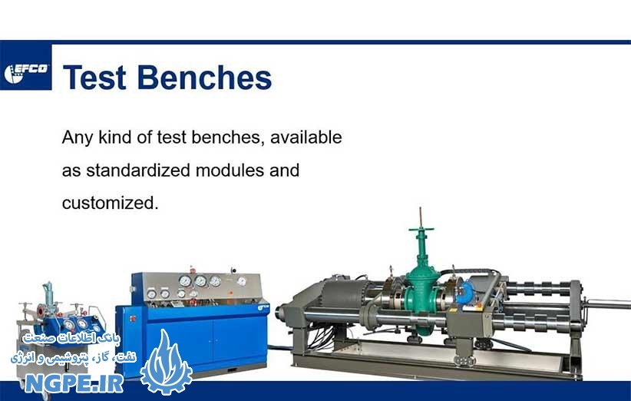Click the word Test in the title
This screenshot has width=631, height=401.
click(94, 78)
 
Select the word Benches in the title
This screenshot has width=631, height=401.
click(204, 77)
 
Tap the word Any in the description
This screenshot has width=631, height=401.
click(78, 138)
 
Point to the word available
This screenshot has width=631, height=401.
click(306, 138)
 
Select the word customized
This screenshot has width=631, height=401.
click(111, 203)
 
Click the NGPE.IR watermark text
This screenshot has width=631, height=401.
click(74, 383)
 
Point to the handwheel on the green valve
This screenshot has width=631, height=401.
click(421, 230)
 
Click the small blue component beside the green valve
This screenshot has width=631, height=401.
click(467, 291)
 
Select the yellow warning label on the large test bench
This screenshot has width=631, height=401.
click(479, 307)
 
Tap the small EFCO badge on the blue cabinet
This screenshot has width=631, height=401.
click(263, 308)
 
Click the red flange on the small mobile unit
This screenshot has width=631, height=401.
click(41, 310)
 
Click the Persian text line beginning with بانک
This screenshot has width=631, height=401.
click(71, 339)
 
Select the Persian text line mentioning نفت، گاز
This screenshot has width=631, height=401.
click(74, 357)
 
